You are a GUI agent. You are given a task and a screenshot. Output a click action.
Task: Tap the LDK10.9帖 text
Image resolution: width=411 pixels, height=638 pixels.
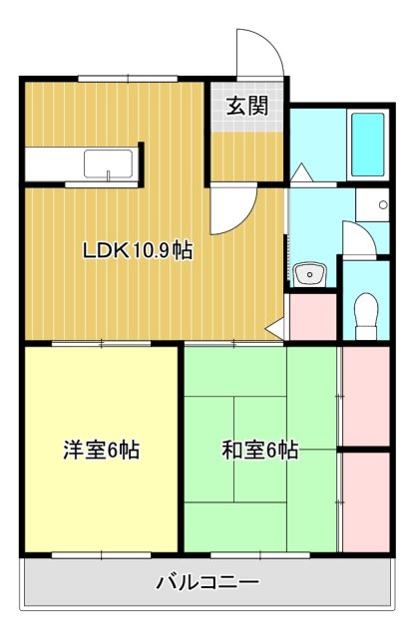coord(138,251)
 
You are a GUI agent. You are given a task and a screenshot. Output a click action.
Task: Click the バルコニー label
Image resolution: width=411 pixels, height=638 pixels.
coord(207,582)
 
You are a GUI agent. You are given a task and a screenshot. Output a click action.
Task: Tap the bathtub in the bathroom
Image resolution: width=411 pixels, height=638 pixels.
coord(368,145)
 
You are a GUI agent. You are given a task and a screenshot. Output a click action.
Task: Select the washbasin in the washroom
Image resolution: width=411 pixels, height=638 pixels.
coord(309,272)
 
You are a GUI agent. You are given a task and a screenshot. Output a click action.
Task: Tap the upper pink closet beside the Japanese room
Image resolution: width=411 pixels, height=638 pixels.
coord(364,397)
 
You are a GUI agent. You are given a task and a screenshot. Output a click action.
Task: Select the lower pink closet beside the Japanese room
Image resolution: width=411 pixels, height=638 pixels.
coord(364,500)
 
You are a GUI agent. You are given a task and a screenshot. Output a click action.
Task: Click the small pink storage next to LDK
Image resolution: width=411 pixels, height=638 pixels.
coord(312,317)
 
